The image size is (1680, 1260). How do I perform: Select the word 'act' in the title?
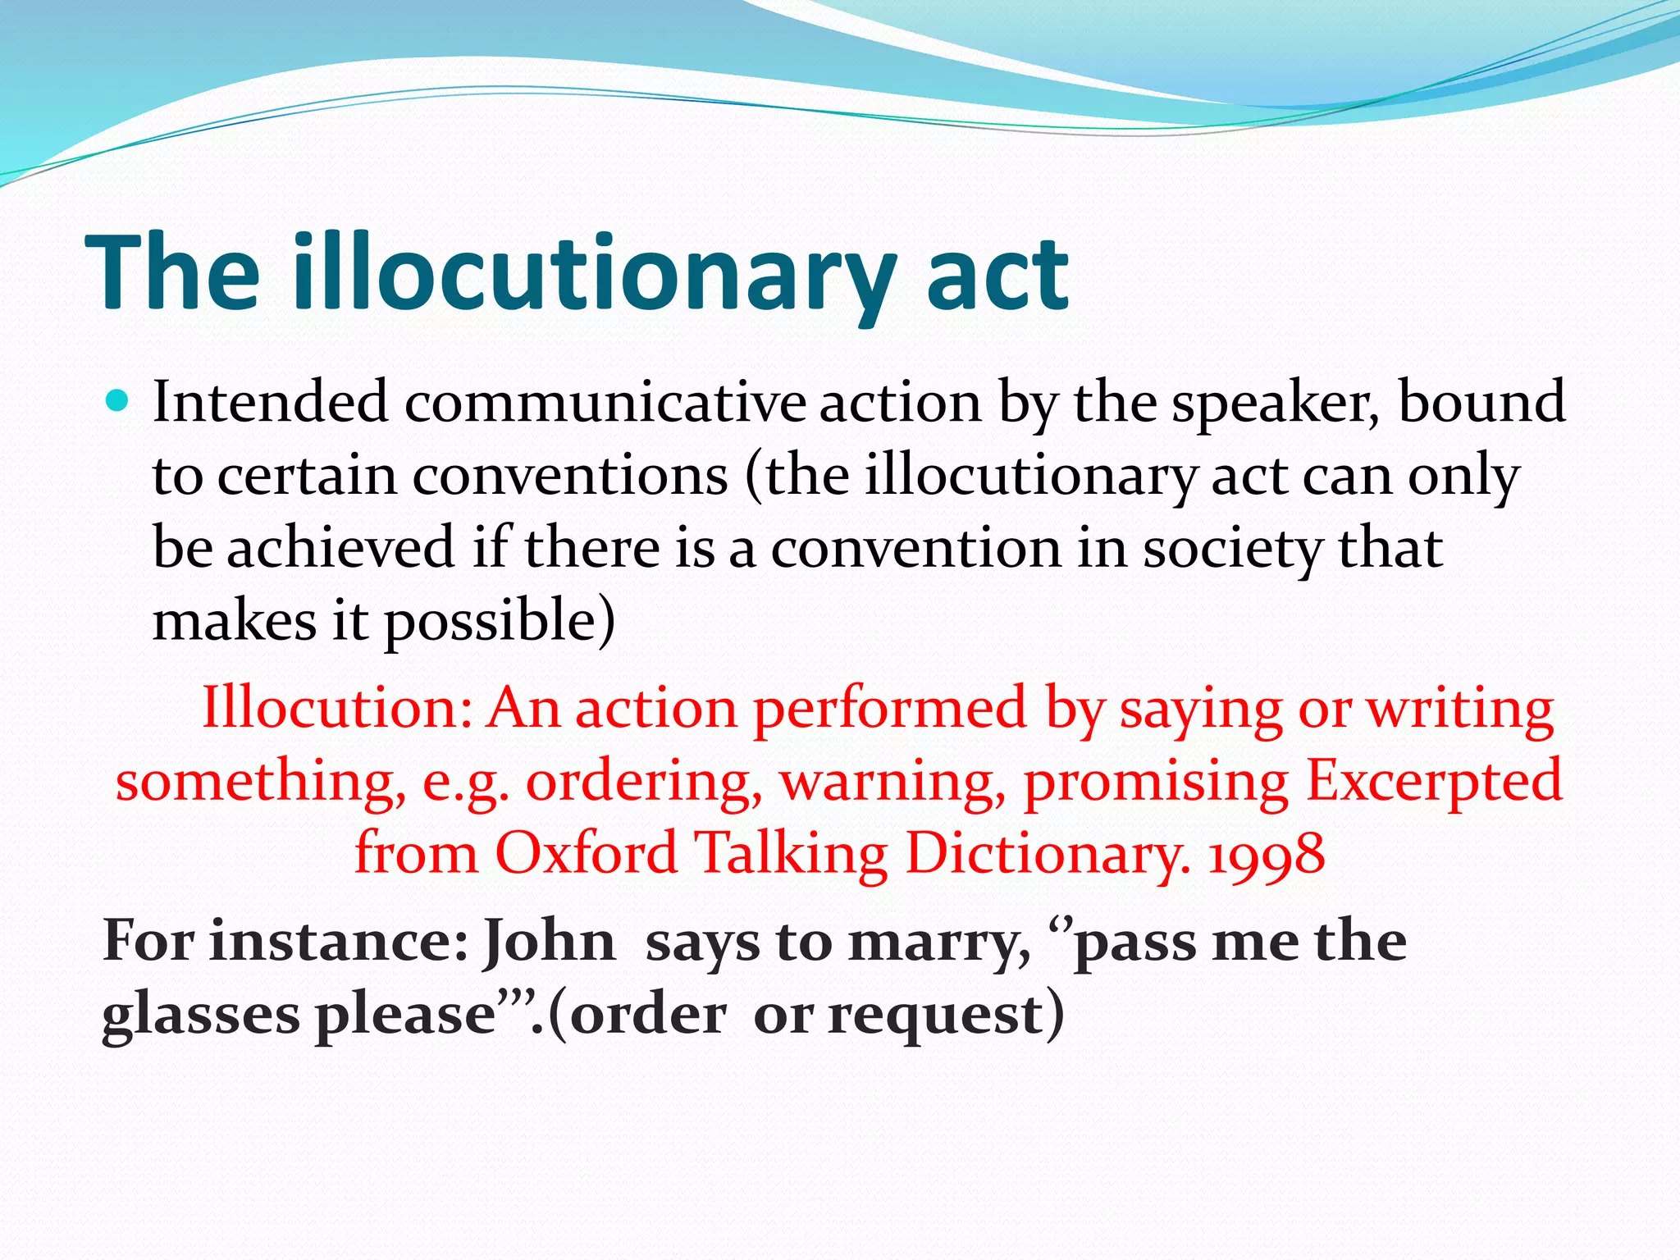[997, 274]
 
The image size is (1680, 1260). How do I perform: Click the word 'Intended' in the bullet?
[271, 402]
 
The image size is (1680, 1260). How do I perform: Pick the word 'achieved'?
[340, 547]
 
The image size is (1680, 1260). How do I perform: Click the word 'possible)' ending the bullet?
[500, 621]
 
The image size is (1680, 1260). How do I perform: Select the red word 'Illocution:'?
[337, 708]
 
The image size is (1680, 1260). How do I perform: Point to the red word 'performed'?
[890, 708]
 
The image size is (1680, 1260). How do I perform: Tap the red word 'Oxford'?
[587, 853]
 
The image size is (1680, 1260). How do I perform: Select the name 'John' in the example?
[549, 941]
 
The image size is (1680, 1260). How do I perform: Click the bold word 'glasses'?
[201, 1016]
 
